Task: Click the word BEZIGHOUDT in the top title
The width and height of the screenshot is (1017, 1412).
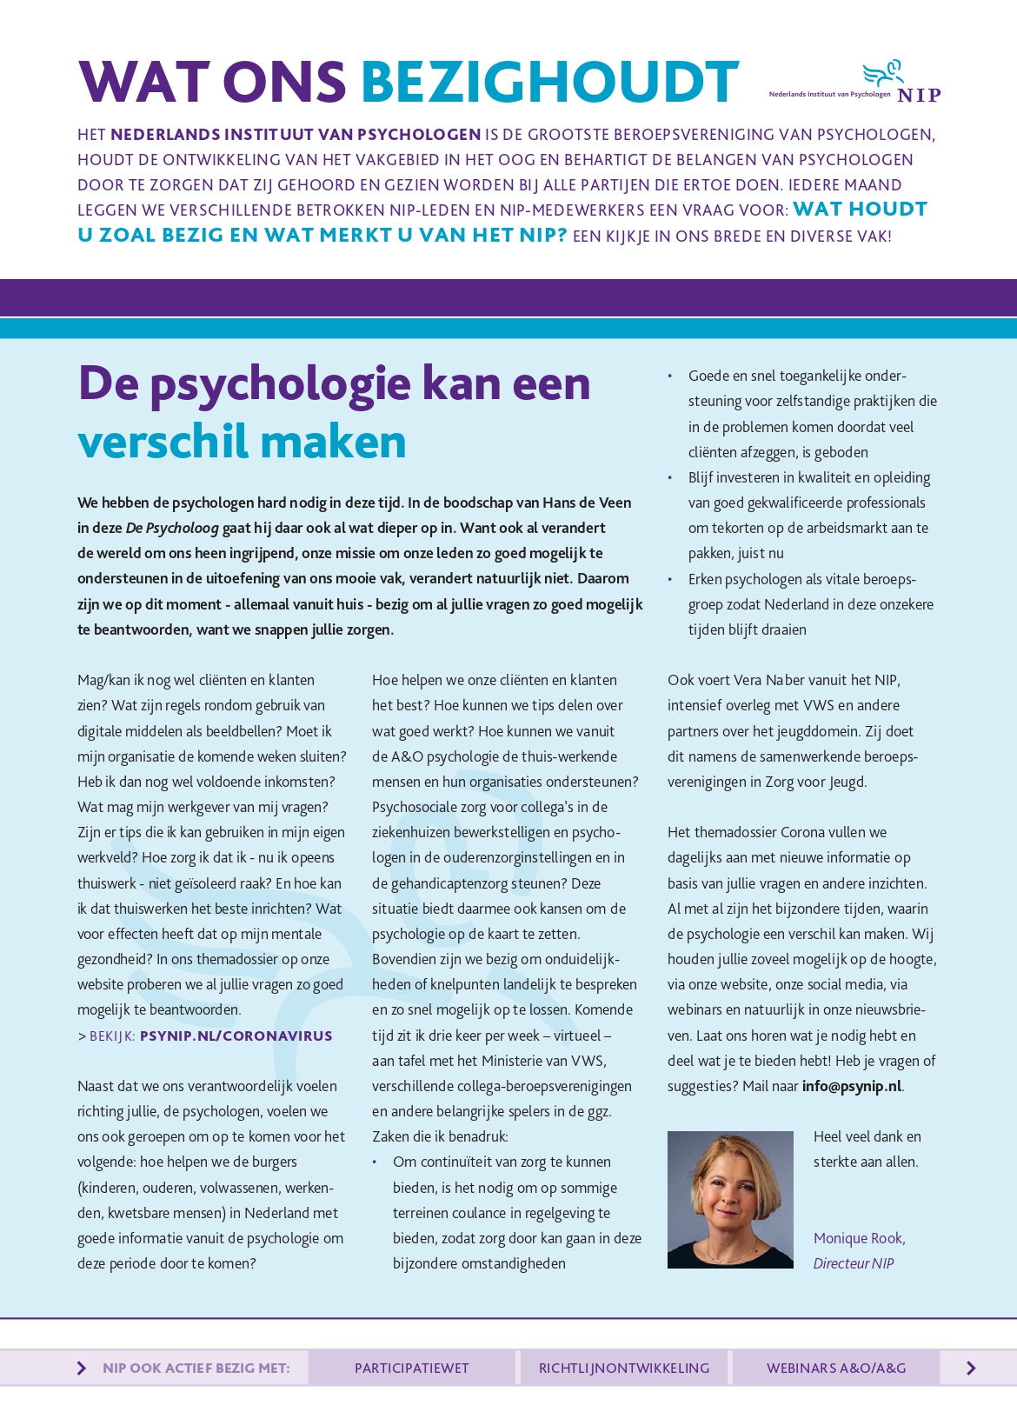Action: coord(549,83)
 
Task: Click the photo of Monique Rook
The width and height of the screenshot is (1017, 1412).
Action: coord(730,1199)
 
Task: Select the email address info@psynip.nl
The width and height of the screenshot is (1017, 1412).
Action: coord(851,1086)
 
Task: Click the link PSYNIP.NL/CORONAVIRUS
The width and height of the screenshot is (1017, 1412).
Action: coord(236,1036)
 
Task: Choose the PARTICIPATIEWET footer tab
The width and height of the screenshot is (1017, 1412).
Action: coord(411,1368)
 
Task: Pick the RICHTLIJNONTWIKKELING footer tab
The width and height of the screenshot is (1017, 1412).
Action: coord(624,1368)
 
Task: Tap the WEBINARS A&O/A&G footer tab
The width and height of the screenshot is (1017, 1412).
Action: coord(836,1368)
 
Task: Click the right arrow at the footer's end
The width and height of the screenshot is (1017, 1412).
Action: coord(971,1369)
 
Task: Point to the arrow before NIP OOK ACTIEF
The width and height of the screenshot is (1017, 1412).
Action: coord(82,1369)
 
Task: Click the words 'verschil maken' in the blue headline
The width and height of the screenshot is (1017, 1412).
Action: coord(242,442)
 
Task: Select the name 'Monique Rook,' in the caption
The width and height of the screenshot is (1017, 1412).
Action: coord(859,1238)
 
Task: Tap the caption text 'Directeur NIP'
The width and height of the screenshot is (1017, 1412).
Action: coord(853,1263)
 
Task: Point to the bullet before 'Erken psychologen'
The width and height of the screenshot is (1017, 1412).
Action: coord(669,579)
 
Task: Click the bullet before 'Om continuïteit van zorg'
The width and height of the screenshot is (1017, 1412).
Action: coord(375,1162)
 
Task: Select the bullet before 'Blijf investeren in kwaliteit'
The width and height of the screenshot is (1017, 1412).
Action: coord(669,477)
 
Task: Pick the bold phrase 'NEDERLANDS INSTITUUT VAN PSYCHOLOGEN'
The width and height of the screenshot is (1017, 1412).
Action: coord(296,135)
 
